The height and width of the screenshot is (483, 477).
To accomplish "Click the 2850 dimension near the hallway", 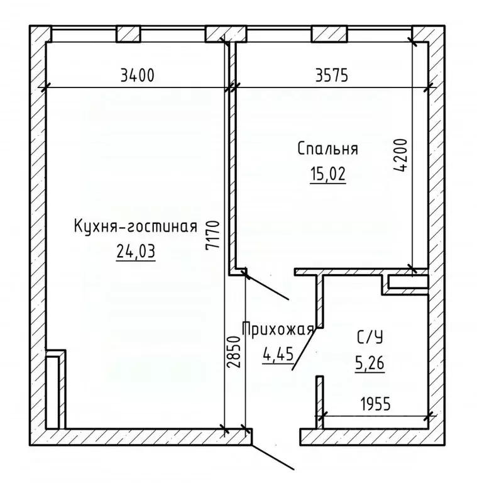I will (234, 355).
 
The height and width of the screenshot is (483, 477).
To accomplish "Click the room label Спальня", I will (327, 149).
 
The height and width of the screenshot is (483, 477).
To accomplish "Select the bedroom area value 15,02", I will (327, 174).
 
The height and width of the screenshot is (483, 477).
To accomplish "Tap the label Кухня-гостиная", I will (136, 226).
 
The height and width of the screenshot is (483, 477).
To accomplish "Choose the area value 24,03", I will (135, 252).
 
